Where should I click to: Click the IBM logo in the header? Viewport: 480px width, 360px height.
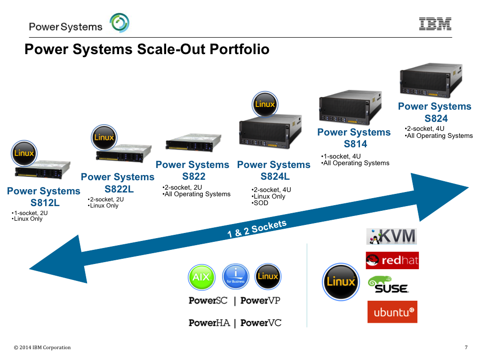click(x=435, y=24)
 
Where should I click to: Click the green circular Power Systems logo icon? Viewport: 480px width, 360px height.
click(x=120, y=23)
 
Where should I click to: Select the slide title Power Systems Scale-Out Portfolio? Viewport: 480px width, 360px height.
click(x=147, y=49)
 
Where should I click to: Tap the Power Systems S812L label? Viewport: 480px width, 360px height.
click(x=44, y=197)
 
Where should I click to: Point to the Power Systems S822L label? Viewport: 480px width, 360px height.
click(x=118, y=183)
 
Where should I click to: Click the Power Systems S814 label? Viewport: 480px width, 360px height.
click(x=354, y=138)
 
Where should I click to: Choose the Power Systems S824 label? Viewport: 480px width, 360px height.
click(x=434, y=112)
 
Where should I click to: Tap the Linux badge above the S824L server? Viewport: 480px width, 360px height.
click(x=265, y=104)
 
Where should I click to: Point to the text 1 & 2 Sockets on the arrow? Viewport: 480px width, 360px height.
click(x=257, y=229)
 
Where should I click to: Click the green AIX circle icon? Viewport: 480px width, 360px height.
click(x=201, y=277)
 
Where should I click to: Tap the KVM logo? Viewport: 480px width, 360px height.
click(x=392, y=236)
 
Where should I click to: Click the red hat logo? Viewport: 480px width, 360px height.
click(x=392, y=260)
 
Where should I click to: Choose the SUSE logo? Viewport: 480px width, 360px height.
click(x=388, y=285)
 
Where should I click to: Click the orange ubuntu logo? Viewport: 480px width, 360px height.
click(x=392, y=312)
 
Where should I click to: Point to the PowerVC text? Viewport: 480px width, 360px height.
click(x=261, y=323)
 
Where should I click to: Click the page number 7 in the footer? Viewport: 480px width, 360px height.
click(x=466, y=348)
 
